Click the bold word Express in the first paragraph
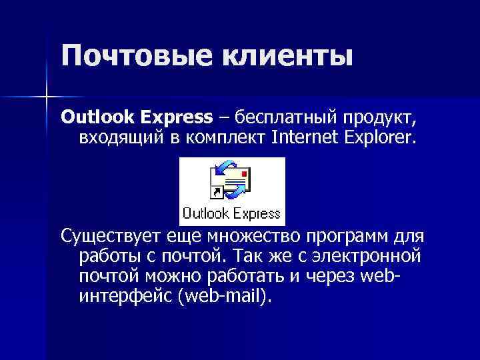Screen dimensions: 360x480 click(x=176, y=119)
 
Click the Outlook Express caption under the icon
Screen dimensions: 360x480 click(x=231, y=214)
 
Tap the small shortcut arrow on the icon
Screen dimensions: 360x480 click(x=215, y=194)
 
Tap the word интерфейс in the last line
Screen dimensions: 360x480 click(x=126, y=295)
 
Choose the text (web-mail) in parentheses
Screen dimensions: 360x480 click(x=226, y=295)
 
